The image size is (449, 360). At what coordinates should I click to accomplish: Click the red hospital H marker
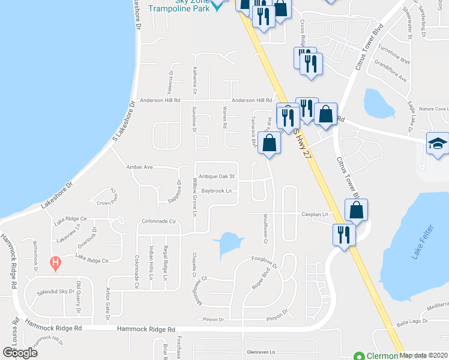[55, 262]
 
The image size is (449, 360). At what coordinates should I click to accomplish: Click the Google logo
[20, 352]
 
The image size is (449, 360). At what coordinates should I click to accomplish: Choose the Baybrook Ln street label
[217, 191]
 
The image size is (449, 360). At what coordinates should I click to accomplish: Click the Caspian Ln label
[315, 214]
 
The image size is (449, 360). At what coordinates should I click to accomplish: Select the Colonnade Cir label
[158, 221]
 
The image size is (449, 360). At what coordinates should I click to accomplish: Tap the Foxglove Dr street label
[265, 260]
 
